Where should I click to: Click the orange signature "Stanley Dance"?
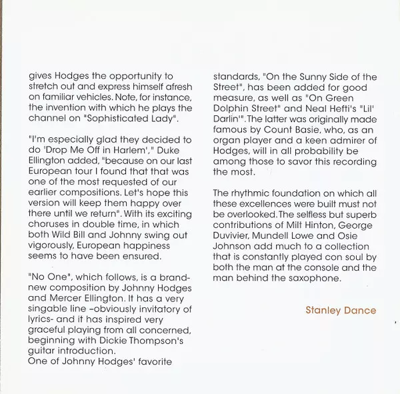pos(340,310)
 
